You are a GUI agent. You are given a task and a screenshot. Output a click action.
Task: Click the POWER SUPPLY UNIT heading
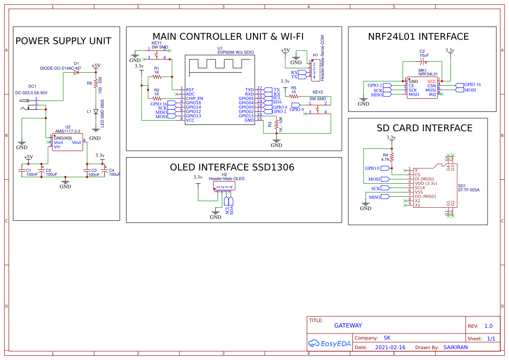(63, 41)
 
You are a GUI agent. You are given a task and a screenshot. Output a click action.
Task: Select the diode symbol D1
(77, 73)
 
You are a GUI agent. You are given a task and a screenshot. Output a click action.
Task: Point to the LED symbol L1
(95, 112)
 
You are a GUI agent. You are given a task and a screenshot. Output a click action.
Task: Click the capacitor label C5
(48, 170)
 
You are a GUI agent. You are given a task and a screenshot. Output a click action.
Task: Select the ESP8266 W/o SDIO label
(236, 52)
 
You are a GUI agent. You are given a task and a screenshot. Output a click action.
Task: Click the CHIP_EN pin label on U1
(194, 98)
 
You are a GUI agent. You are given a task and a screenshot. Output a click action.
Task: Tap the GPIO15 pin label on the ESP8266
(246, 116)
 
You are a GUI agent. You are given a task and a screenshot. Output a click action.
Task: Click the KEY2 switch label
(318, 92)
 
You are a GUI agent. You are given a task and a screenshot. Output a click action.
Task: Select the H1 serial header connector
(313, 70)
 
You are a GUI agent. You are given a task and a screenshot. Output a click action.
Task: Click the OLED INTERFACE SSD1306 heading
(232, 168)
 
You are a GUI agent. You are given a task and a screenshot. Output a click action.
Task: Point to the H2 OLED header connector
(224, 186)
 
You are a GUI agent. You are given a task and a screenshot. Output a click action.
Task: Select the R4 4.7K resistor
(392, 157)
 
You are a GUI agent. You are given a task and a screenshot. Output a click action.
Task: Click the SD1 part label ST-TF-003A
(469, 190)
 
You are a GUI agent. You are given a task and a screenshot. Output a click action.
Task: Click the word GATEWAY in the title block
(348, 326)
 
